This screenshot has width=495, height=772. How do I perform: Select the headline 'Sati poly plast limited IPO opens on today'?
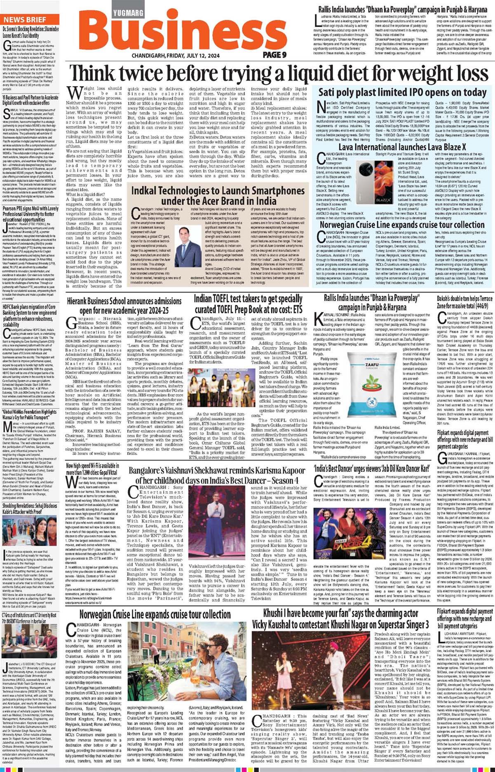click(402, 92)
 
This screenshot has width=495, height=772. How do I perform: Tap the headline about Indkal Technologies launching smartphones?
click(218, 196)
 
